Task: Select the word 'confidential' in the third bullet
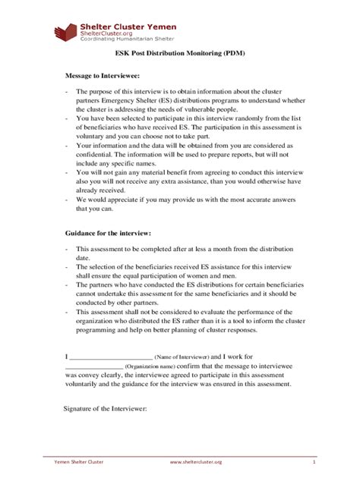pyautogui.click(x=98, y=161)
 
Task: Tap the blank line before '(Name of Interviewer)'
pyautogui.click(x=111, y=355)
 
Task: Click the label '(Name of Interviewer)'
pyautogui.click(x=182, y=356)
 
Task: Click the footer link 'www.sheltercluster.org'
pyautogui.click(x=196, y=461)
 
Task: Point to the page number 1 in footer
pyautogui.click(x=314, y=461)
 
